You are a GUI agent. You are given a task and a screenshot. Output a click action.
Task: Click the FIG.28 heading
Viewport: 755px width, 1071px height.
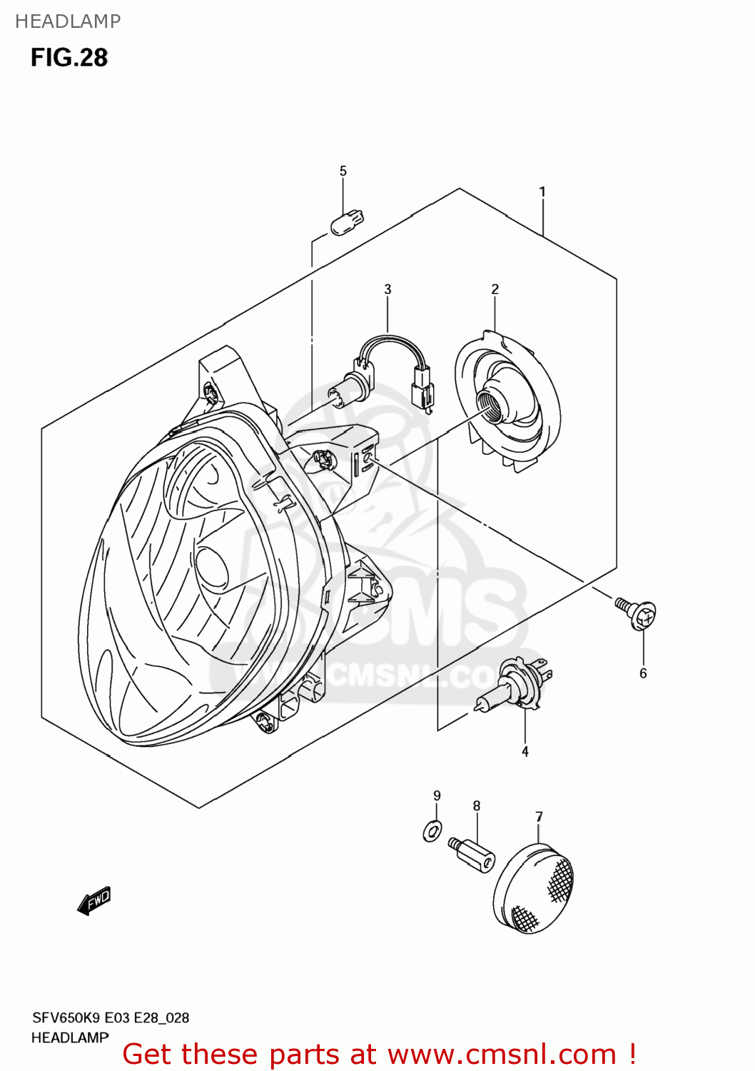[69, 57]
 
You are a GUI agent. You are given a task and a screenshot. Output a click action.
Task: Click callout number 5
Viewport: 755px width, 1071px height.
[343, 171]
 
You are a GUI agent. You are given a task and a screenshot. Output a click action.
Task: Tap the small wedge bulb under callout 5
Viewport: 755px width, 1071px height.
[347, 221]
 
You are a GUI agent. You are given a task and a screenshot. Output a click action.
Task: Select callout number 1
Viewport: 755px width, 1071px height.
[542, 191]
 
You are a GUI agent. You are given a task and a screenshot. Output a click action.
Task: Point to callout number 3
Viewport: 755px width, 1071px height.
[387, 289]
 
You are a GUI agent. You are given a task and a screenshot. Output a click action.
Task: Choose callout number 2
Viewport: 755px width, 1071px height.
[495, 289]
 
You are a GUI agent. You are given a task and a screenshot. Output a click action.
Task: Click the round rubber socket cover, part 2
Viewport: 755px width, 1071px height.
[507, 400]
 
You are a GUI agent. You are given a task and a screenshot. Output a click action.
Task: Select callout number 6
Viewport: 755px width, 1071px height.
[643, 673]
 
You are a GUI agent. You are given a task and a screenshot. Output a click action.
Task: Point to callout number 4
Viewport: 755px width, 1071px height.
[525, 751]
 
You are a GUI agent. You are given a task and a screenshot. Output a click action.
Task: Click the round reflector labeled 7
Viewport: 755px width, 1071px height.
[533, 890]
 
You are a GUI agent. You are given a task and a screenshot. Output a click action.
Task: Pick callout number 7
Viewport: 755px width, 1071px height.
[539, 816]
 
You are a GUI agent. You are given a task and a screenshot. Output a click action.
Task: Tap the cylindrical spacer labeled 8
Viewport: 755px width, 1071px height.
[473, 853]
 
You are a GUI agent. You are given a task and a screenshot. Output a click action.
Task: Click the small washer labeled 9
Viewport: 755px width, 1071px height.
[432, 830]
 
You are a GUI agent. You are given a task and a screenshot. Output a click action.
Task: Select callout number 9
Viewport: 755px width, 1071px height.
[437, 795]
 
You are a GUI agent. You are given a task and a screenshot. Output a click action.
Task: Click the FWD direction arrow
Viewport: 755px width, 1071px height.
[94, 901]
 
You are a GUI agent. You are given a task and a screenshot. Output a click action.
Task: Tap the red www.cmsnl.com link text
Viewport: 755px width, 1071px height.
[502, 1055]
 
